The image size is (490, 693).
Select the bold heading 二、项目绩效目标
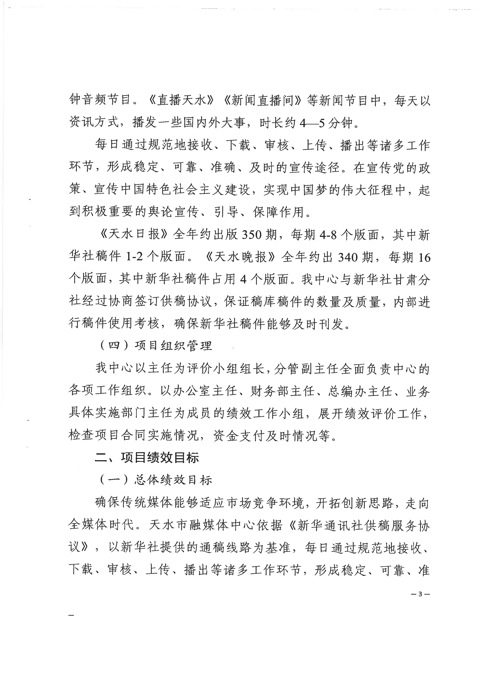pos(147,458)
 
